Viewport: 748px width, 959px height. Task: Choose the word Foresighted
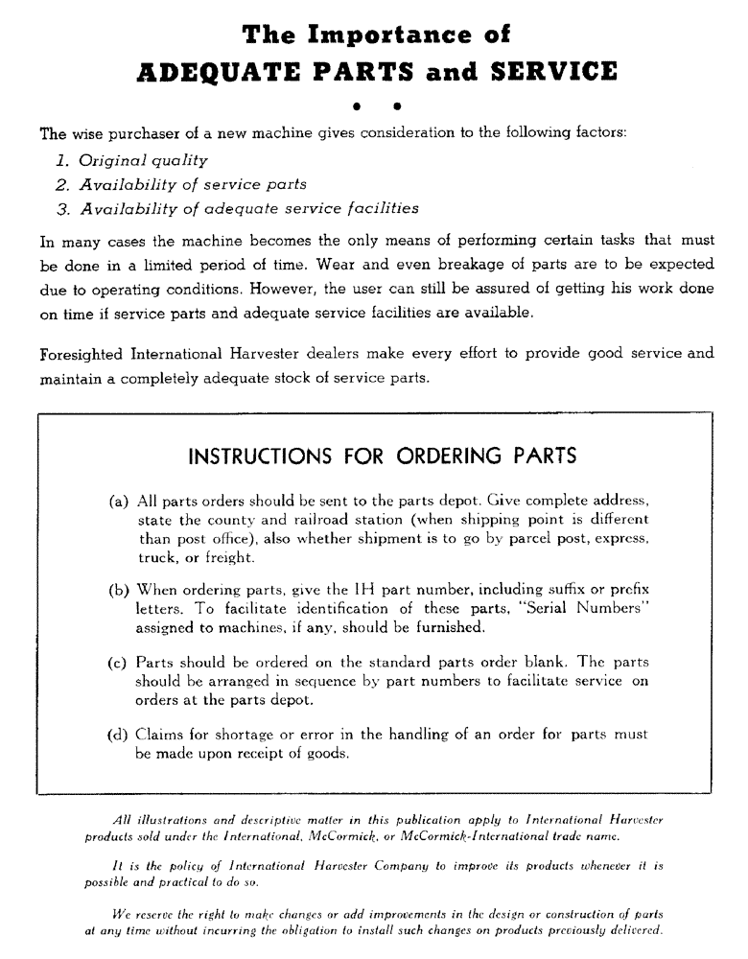click(82, 353)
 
